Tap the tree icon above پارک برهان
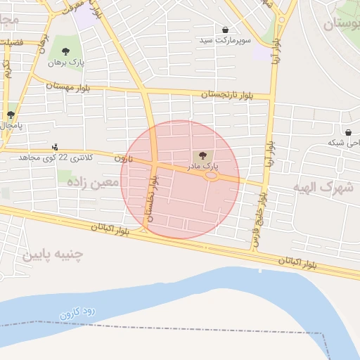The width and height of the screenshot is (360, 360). click(x=65, y=51)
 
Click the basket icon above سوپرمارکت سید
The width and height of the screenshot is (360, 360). click(x=225, y=30)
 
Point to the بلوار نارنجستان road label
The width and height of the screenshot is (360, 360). click(x=226, y=94)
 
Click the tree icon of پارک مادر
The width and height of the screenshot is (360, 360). click(x=203, y=155)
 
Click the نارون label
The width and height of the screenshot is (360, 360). click(x=124, y=159)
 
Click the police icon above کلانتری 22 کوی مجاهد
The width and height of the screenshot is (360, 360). click(x=56, y=148)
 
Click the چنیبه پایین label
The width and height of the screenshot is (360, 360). click(x=52, y=254)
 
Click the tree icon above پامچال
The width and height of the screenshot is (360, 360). click(x=11, y=115)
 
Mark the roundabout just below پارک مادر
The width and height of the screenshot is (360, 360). click(x=210, y=176)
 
